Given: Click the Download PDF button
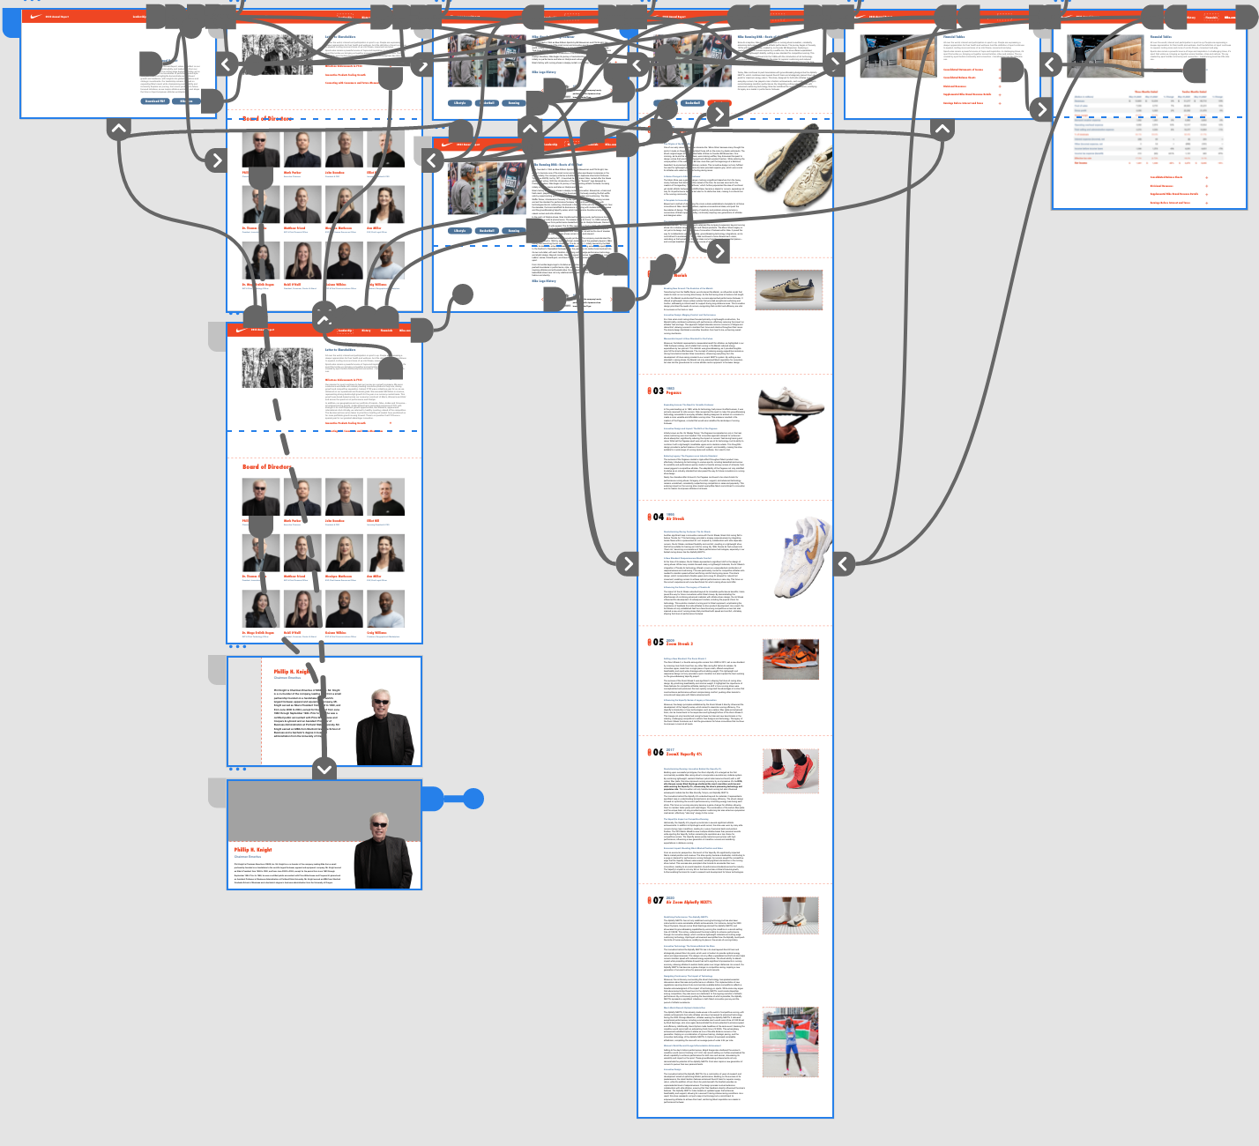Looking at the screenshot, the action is click(155, 101).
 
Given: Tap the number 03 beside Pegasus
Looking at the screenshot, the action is click(658, 391).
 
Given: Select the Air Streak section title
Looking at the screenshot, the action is click(675, 519).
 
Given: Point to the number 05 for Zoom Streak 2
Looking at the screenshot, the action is click(658, 642).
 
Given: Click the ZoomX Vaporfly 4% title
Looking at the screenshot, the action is click(684, 755).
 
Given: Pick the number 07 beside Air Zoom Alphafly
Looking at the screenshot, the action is click(658, 900).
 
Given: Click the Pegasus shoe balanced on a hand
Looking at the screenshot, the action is click(791, 414).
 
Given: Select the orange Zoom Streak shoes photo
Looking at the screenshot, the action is click(791, 659).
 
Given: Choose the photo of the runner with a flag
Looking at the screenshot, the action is click(790, 1041).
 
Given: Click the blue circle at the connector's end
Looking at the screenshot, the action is click(473, 799).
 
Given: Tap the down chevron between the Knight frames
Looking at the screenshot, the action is click(324, 769).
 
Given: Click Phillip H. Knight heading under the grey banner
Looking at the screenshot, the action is click(253, 850).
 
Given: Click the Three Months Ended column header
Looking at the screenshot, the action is click(1145, 92).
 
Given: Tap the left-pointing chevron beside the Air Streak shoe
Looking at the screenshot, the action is click(843, 563).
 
